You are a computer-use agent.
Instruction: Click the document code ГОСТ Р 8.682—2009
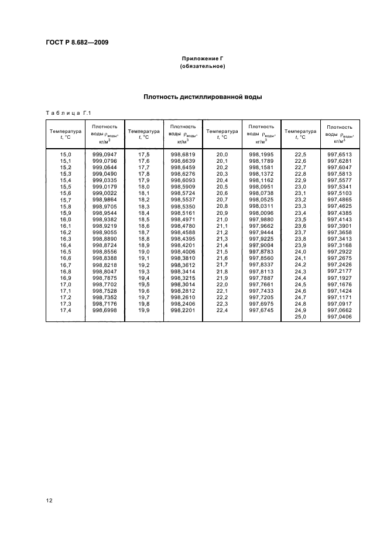(x=76, y=42)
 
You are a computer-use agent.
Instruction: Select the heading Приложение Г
(x=202, y=59)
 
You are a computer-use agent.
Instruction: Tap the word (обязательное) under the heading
(x=202, y=67)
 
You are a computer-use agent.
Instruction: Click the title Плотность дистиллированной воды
(x=202, y=97)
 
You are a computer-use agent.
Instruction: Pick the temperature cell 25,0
(x=300, y=317)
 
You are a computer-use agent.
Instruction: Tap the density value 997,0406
(x=339, y=317)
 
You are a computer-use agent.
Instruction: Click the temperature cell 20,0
(x=222, y=153)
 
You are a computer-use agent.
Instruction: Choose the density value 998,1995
(x=261, y=153)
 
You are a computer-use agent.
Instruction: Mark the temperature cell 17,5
(x=144, y=153)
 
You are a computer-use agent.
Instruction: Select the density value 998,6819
(x=183, y=153)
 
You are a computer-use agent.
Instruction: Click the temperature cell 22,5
(x=300, y=153)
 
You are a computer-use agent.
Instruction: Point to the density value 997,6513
(x=339, y=153)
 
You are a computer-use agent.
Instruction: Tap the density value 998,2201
(x=183, y=310)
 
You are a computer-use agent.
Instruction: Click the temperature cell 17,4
(x=66, y=310)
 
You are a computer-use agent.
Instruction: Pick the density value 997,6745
(x=261, y=310)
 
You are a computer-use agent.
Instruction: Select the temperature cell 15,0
(x=66, y=153)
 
